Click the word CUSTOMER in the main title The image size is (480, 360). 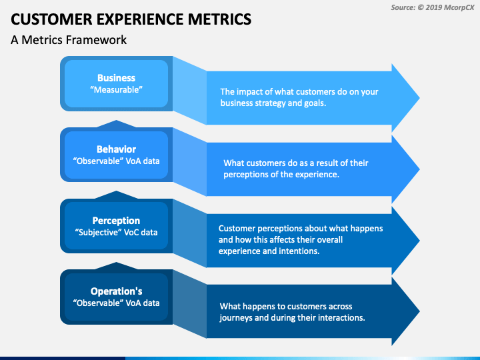[51, 19]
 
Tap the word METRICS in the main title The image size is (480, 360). [219, 19]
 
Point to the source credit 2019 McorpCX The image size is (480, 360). [449, 7]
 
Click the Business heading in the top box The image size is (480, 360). [116, 78]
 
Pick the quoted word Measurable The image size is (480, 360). [116, 90]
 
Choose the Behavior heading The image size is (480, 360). [116, 149]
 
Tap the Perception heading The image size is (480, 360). [116, 221]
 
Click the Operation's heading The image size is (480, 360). [116, 291]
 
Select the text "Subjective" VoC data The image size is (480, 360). [116, 233]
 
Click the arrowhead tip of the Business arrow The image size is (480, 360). [420, 98]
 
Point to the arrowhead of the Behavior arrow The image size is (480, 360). [405, 169]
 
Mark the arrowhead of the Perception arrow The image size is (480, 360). [405, 241]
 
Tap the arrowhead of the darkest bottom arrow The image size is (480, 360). [405, 311]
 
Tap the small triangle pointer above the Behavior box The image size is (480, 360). [116, 124]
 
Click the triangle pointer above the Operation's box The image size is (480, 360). [116, 266]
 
